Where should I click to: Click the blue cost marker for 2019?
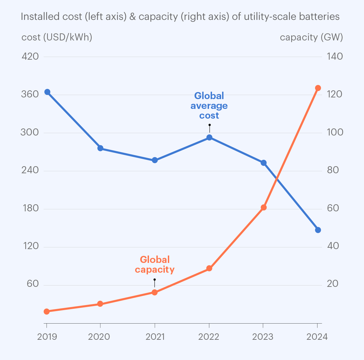click(x=48, y=92)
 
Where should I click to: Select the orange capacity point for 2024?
click(x=318, y=88)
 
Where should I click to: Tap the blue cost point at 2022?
click(x=209, y=137)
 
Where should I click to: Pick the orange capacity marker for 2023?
click(x=264, y=207)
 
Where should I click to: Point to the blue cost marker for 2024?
click(x=318, y=230)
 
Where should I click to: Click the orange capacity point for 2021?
click(x=155, y=292)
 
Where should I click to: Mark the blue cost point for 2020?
click(x=100, y=148)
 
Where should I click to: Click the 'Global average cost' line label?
click(x=209, y=106)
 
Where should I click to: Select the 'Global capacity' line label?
click(x=155, y=265)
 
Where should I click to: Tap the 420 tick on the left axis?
click(x=30, y=56)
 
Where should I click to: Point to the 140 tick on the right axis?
click(x=335, y=56)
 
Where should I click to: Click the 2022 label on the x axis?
click(x=209, y=337)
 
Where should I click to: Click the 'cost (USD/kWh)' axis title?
click(x=57, y=37)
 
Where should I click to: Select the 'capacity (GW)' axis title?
click(x=311, y=37)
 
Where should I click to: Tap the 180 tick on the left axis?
click(x=30, y=208)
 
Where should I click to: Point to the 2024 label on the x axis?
click(x=317, y=337)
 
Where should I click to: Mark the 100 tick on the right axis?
click(x=335, y=132)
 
